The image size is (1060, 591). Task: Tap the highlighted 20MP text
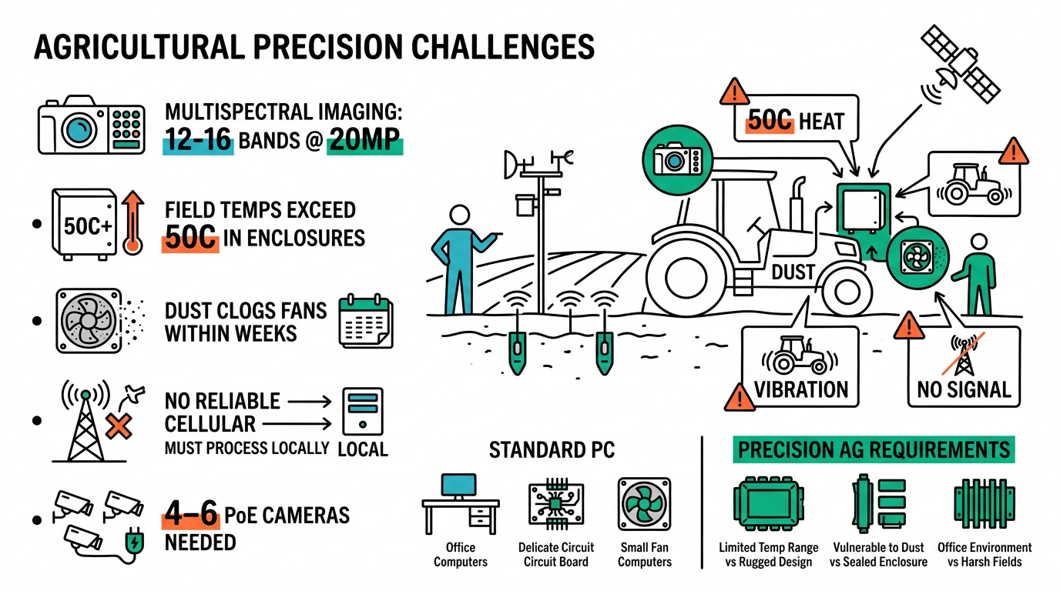click(x=364, y=142)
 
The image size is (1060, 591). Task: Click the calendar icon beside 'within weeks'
click(x=366, y=322)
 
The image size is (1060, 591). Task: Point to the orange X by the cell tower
click(x=118, y=426)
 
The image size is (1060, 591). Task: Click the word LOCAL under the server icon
click(x=363, y=449)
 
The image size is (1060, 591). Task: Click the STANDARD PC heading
click(x=552, y=450)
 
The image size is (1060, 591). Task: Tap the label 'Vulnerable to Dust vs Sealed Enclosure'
click(x=878, y=554)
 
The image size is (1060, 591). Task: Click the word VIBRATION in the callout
click(x=801, y=389)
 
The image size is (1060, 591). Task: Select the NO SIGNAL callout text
click(x=964, y=389)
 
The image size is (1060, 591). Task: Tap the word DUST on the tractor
click(x=793, y=272)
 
